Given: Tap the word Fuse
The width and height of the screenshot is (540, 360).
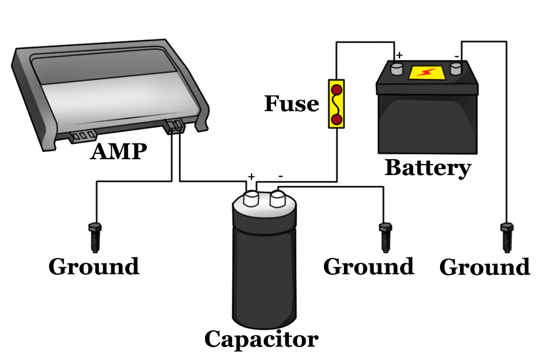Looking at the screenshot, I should pyautogui.click(x=291, y=103).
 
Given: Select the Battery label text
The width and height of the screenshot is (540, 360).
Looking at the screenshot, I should pyautogui.click(x=427, y=168).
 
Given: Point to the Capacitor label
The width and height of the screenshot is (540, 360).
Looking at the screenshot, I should pyautogui.click(x=261, y=339).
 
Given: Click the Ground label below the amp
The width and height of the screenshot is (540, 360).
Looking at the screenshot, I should pyautogui.click(x=94, y=267).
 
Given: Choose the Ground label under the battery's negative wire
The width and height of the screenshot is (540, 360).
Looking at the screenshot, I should pyautogui.click(x=484, y=267).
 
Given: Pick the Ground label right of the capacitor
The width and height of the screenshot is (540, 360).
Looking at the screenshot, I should pyautogui.click(x=368, y=267).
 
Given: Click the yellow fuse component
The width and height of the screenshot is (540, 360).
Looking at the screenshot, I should pyautogui.click(x=336, y=104).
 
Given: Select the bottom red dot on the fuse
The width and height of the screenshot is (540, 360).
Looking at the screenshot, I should pyautogui.click(x=336, y=119).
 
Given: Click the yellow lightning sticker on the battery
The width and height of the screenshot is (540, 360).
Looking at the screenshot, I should pyautogui.click(x=427, y=72).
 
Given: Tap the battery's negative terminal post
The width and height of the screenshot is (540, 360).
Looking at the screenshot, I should pyautogui.click(x=456, y=68).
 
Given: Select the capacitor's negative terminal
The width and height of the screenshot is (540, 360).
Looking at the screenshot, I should pyautogui.click(x=278, y=198).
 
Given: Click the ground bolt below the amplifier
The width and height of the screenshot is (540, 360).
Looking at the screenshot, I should pyautogui.click(x=96, y=236).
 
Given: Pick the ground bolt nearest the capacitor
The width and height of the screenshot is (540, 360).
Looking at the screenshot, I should pyautogui.click(x=385, y=236).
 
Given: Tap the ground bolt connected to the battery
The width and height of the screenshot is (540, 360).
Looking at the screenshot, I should pyautogui.click(x=507, y=236).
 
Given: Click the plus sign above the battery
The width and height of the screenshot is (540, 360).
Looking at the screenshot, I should pyautogui.click(x=400, y=55).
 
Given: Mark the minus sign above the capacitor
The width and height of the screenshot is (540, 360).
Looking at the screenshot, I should pyautogui.click(x=281, y=176).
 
